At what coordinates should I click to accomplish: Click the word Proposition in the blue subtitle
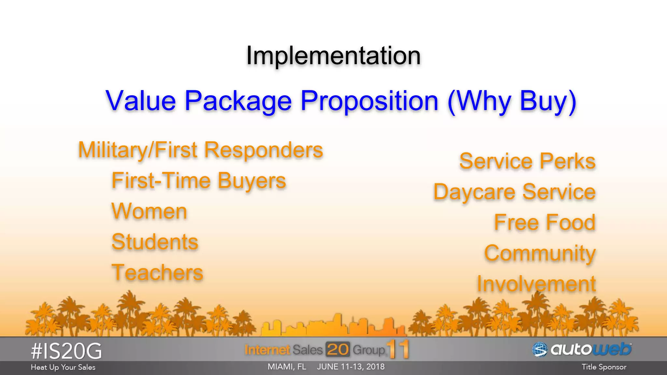tap(369, 101)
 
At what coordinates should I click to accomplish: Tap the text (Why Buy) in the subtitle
tap(512, 102)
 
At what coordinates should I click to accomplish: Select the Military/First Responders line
tap(200, 150)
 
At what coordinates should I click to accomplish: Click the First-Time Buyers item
tap(198, 181)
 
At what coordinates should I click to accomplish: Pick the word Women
tap(149, 212)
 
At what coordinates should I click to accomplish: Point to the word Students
tap(155, 242)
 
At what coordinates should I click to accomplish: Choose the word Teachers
tap(157, 272)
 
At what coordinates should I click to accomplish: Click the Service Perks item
tap(527, 161)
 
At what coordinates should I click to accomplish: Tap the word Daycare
tap(474, 192)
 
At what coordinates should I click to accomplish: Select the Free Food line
tap(545, 223)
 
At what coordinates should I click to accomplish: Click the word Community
tap(540, 253)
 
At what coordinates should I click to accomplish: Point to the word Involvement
tap(536, 284)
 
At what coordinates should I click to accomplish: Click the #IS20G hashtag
tap(66, 351)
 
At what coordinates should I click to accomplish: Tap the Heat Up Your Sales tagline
tap(63, 367)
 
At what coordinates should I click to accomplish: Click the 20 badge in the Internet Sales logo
tap(337, 350)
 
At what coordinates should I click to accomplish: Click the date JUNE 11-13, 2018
tap(350, 367)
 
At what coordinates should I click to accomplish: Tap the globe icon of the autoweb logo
tap(540, 350)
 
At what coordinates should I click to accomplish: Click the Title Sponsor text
tap(604, 367)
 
